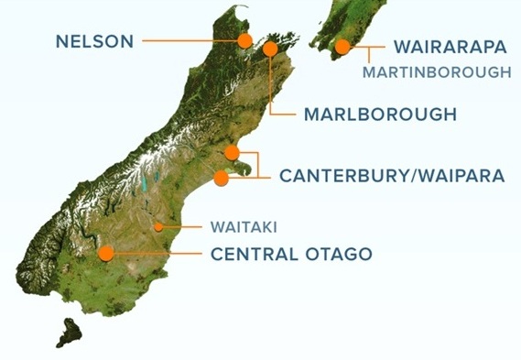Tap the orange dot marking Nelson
click(244, 40)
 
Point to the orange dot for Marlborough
click(270, 49)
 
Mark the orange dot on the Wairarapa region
click(342, 47)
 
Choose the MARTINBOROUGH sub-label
click(437, 71)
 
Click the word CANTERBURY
click(341, 175)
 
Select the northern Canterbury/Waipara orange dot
click(232, 152)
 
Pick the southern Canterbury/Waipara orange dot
click(221, 178)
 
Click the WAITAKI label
click(243, 224)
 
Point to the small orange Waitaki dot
click(158, 225)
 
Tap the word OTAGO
click(340, 253)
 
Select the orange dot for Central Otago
click(106, 253)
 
